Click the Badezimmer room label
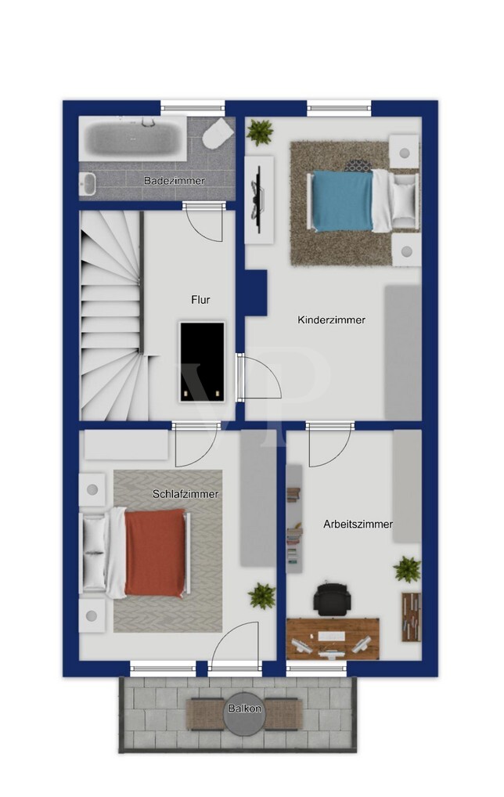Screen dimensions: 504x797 click(x=175, y=180)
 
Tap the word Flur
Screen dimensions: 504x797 click(x=200, y=300)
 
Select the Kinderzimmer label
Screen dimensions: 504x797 click(x=331, y=319)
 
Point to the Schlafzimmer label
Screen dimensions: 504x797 click(x=185, y=493)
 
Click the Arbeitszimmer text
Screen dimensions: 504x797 click(x=358, y=524)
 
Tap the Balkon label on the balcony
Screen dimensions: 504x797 click(x=245, y=708)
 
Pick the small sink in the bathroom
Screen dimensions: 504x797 click(x=88, y=183)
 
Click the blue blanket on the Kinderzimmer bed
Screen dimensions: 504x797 click(x=343, y=201)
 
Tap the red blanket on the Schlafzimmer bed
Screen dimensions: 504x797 click(x=155, y=553)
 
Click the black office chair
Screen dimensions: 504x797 click(x=333, y=599)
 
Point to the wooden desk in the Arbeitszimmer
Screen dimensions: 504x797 click(x=333, y=639)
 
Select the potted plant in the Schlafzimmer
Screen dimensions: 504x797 click(x=261, y=596)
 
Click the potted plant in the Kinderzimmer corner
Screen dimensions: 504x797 click(x=260, y=132)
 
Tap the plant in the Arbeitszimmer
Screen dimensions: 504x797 click(x=407, y=568)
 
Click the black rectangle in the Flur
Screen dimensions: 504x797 click(x=202, y=362)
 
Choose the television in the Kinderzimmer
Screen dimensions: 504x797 click(x=258, y=199)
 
